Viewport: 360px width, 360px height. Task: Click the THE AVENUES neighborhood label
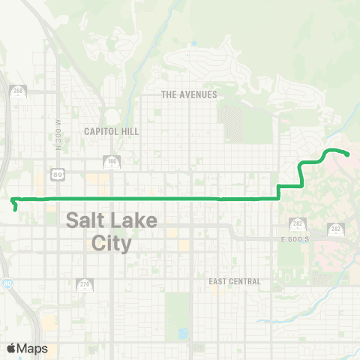[189, 94]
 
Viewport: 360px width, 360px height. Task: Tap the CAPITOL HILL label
[111, 130]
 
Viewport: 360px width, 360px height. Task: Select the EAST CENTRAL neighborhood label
[235, 281]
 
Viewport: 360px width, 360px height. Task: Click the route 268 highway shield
[16, 91]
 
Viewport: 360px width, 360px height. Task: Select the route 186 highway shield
[111, 161]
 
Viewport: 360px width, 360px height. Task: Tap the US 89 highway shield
[58, 174]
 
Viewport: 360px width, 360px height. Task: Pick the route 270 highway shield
[84, 284]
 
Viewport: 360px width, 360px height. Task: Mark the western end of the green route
[13, 199]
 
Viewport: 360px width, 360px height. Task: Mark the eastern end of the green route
[349, 154]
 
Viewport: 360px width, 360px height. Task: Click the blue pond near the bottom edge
[184, 332]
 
